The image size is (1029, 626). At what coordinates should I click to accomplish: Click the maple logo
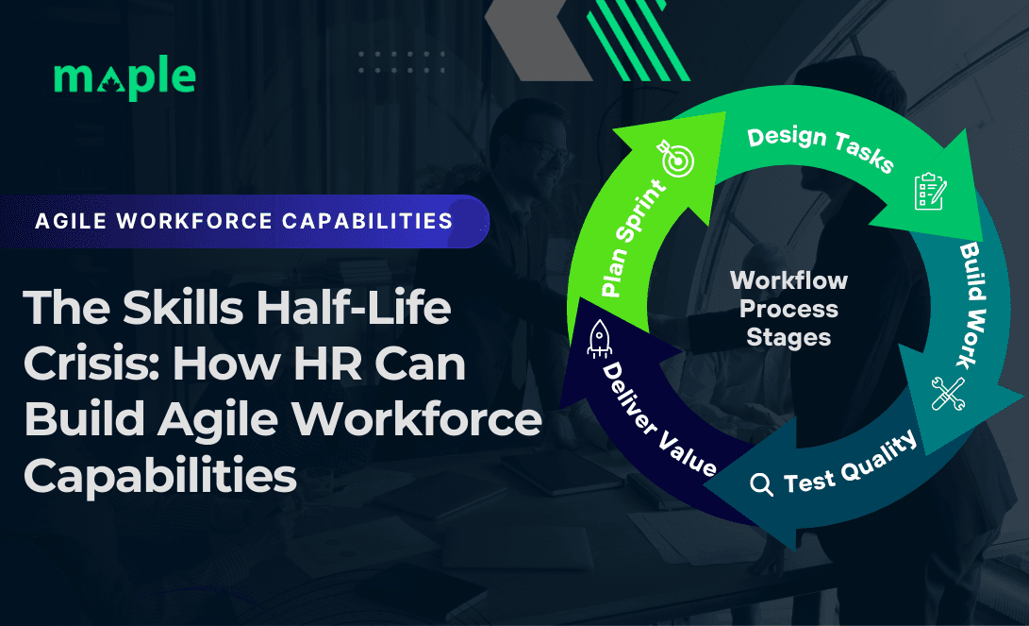coord(124,79)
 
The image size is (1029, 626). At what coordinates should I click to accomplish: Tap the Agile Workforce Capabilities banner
coord(243,221)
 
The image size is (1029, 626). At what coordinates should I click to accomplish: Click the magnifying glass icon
coord(760,484)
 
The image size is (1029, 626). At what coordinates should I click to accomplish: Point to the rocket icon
coord(600,338)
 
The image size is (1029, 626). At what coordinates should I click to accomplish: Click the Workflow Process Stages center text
coord(788,309)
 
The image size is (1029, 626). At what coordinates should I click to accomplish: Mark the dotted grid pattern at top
coord(402,62)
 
